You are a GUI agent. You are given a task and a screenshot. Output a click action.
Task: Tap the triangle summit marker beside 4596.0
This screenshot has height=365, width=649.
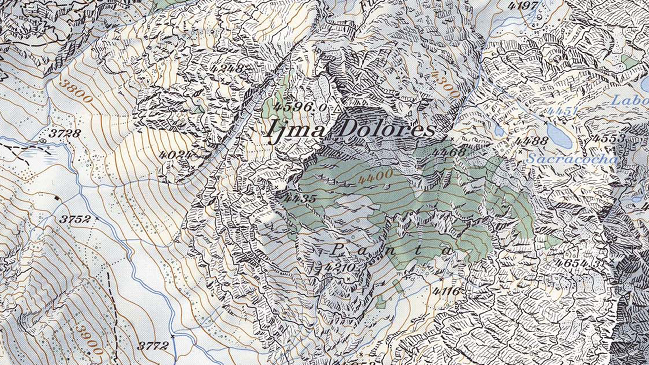pyautogui.click(x=338, y=109)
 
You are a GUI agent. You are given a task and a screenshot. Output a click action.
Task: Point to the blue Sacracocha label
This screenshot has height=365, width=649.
pyautogui.click(x=572, y=159)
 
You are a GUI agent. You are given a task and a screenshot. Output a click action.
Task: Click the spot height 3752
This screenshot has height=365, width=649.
pyautogui.click(x=75, y=219)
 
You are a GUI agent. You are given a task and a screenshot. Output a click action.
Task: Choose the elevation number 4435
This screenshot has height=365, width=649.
pyautogui.click(x=299, y=199)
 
